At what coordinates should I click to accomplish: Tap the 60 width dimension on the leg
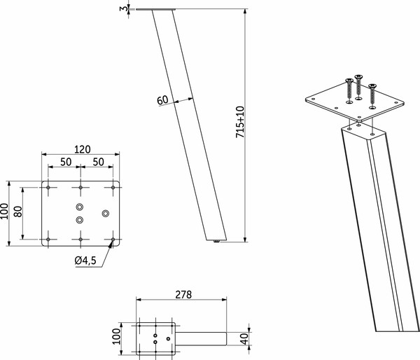[x=162, y=99]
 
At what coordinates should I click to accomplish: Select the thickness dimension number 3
[x=124, y=8]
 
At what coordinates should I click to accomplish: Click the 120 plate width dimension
[x=82, y=149]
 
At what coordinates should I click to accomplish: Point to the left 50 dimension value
[x=64, y=162]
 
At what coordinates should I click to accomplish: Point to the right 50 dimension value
[x=98, y=162]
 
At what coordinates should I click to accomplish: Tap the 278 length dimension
[x=181, y=294]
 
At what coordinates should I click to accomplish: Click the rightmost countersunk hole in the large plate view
[x=106, y=213]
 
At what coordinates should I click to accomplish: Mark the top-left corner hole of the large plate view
[x=48, y=188]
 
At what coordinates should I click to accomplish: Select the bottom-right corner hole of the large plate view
[x=113, y=240]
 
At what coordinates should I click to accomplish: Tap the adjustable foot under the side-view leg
[x=217, y=242]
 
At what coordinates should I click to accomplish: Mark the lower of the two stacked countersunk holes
[x=80, y=220]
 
